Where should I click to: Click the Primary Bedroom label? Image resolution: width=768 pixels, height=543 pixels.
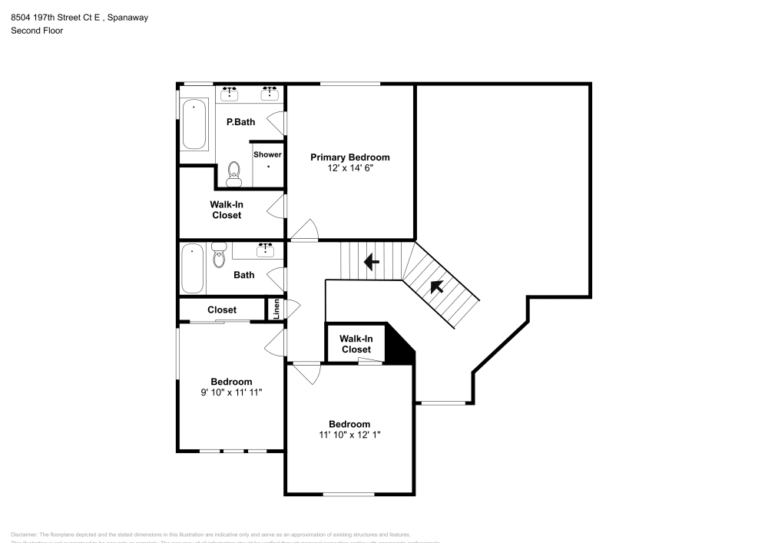(x=349, y=157)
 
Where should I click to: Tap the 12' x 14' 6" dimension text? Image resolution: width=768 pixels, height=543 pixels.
(x=349, y=167)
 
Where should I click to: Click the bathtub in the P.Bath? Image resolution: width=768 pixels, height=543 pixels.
(x=194, y=124)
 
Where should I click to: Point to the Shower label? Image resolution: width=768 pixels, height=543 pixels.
(x=267, y=154)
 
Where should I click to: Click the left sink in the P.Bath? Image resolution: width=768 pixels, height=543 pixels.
(x=229, y=94)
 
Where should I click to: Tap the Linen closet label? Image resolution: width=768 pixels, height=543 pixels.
(x=276, y=310)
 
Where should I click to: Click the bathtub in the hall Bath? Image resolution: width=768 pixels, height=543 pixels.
(x=192, y=269)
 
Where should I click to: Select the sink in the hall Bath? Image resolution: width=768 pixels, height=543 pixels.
(x=266, y=249)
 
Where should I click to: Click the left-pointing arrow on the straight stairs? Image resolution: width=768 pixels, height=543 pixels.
(x=371, y=263)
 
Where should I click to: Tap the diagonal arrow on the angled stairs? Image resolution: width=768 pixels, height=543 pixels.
(x=437, y=287)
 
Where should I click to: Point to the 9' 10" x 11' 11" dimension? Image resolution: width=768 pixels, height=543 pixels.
(x=231, y=392)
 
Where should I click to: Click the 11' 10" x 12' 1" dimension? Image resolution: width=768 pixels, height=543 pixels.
(x=349, y=435)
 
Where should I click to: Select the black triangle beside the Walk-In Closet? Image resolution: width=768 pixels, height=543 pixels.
(x=401, y=347)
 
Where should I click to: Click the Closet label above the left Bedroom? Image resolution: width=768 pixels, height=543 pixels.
(x=222, y=310)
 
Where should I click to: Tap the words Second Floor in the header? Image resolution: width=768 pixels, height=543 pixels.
(x=37, y=31)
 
